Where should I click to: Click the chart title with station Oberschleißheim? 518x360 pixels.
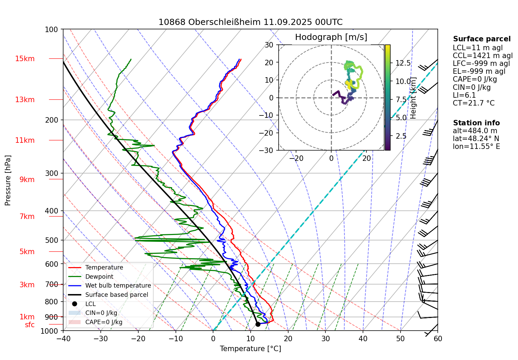coord(250,22)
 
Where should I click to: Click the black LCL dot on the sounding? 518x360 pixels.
coord(258,324)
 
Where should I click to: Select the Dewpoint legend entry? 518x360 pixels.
coord(99,277)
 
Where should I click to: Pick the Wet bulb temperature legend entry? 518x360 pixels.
coord(118,286)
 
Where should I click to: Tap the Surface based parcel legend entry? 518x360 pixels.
coord(116,295)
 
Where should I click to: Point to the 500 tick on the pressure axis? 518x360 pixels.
coord(52,240)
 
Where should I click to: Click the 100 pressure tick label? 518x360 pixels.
coord(52,30)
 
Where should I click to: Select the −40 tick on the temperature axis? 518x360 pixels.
coord(63,338)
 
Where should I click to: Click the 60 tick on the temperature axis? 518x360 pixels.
coord(438,338)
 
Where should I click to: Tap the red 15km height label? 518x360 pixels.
coord(25,59)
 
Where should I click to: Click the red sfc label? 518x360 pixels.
coord(30,325)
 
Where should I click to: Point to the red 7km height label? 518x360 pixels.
coord(27,217)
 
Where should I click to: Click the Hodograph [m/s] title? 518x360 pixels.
coord(331,37)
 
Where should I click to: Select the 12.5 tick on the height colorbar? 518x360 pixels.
coord(403,63)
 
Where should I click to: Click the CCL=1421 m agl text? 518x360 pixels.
coord(482,56)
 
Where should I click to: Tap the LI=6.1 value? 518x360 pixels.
coord(464,95)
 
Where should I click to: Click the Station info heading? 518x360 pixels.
coord(476,123)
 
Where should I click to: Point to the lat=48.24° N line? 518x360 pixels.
coord(476,139)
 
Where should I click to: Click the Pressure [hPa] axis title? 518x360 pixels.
coord(8,180)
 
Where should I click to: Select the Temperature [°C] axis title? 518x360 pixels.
coord(250,349)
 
